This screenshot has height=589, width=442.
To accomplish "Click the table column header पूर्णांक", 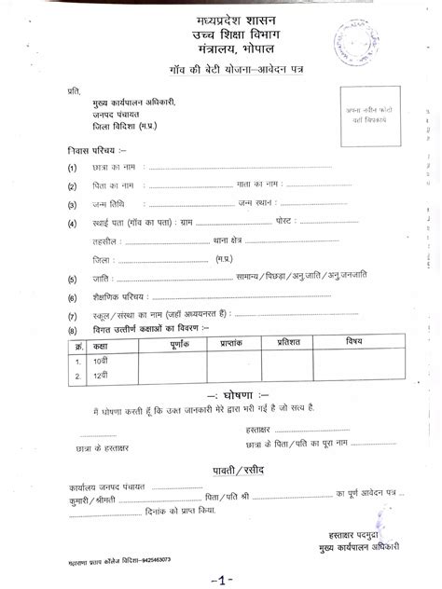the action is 179,345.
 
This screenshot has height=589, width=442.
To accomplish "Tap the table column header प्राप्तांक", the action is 232,345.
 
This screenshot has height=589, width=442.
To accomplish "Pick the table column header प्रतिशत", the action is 290,345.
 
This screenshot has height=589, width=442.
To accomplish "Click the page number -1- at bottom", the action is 220,581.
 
